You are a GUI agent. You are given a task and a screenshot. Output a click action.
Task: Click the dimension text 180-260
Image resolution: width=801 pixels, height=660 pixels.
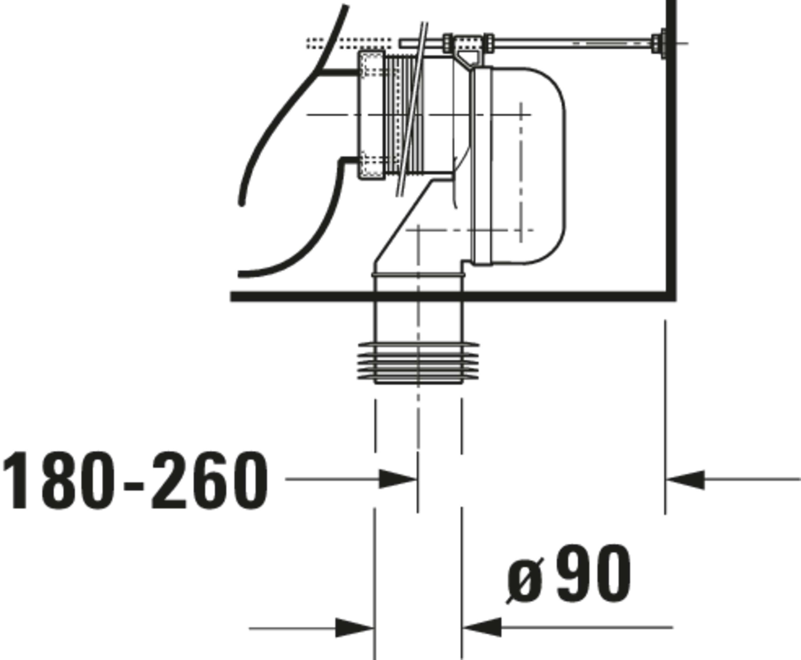click(x=135, y=480)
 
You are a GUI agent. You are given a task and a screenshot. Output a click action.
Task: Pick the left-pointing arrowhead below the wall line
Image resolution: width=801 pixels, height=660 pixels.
click(x=686, y=480)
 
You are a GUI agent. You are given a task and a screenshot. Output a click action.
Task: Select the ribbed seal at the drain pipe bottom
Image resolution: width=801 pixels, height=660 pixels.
click(x=418, y=361)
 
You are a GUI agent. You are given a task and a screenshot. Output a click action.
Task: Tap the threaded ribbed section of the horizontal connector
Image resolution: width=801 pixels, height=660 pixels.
click(x=403, y=114)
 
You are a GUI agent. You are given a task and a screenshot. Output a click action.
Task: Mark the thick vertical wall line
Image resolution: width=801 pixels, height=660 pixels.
click(x=672, y=152)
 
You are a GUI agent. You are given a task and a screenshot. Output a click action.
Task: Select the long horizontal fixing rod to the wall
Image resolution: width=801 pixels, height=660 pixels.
click(x=570, y=43)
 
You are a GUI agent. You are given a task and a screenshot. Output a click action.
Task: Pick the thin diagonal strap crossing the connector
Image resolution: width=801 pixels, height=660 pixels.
click(x=412, y=110)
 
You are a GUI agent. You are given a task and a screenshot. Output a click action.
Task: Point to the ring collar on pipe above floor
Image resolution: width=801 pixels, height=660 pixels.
click(x=418, y=274)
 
